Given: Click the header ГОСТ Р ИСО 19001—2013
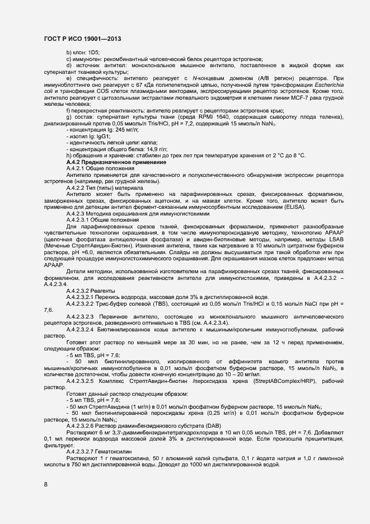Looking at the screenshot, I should [x=82, y=39].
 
